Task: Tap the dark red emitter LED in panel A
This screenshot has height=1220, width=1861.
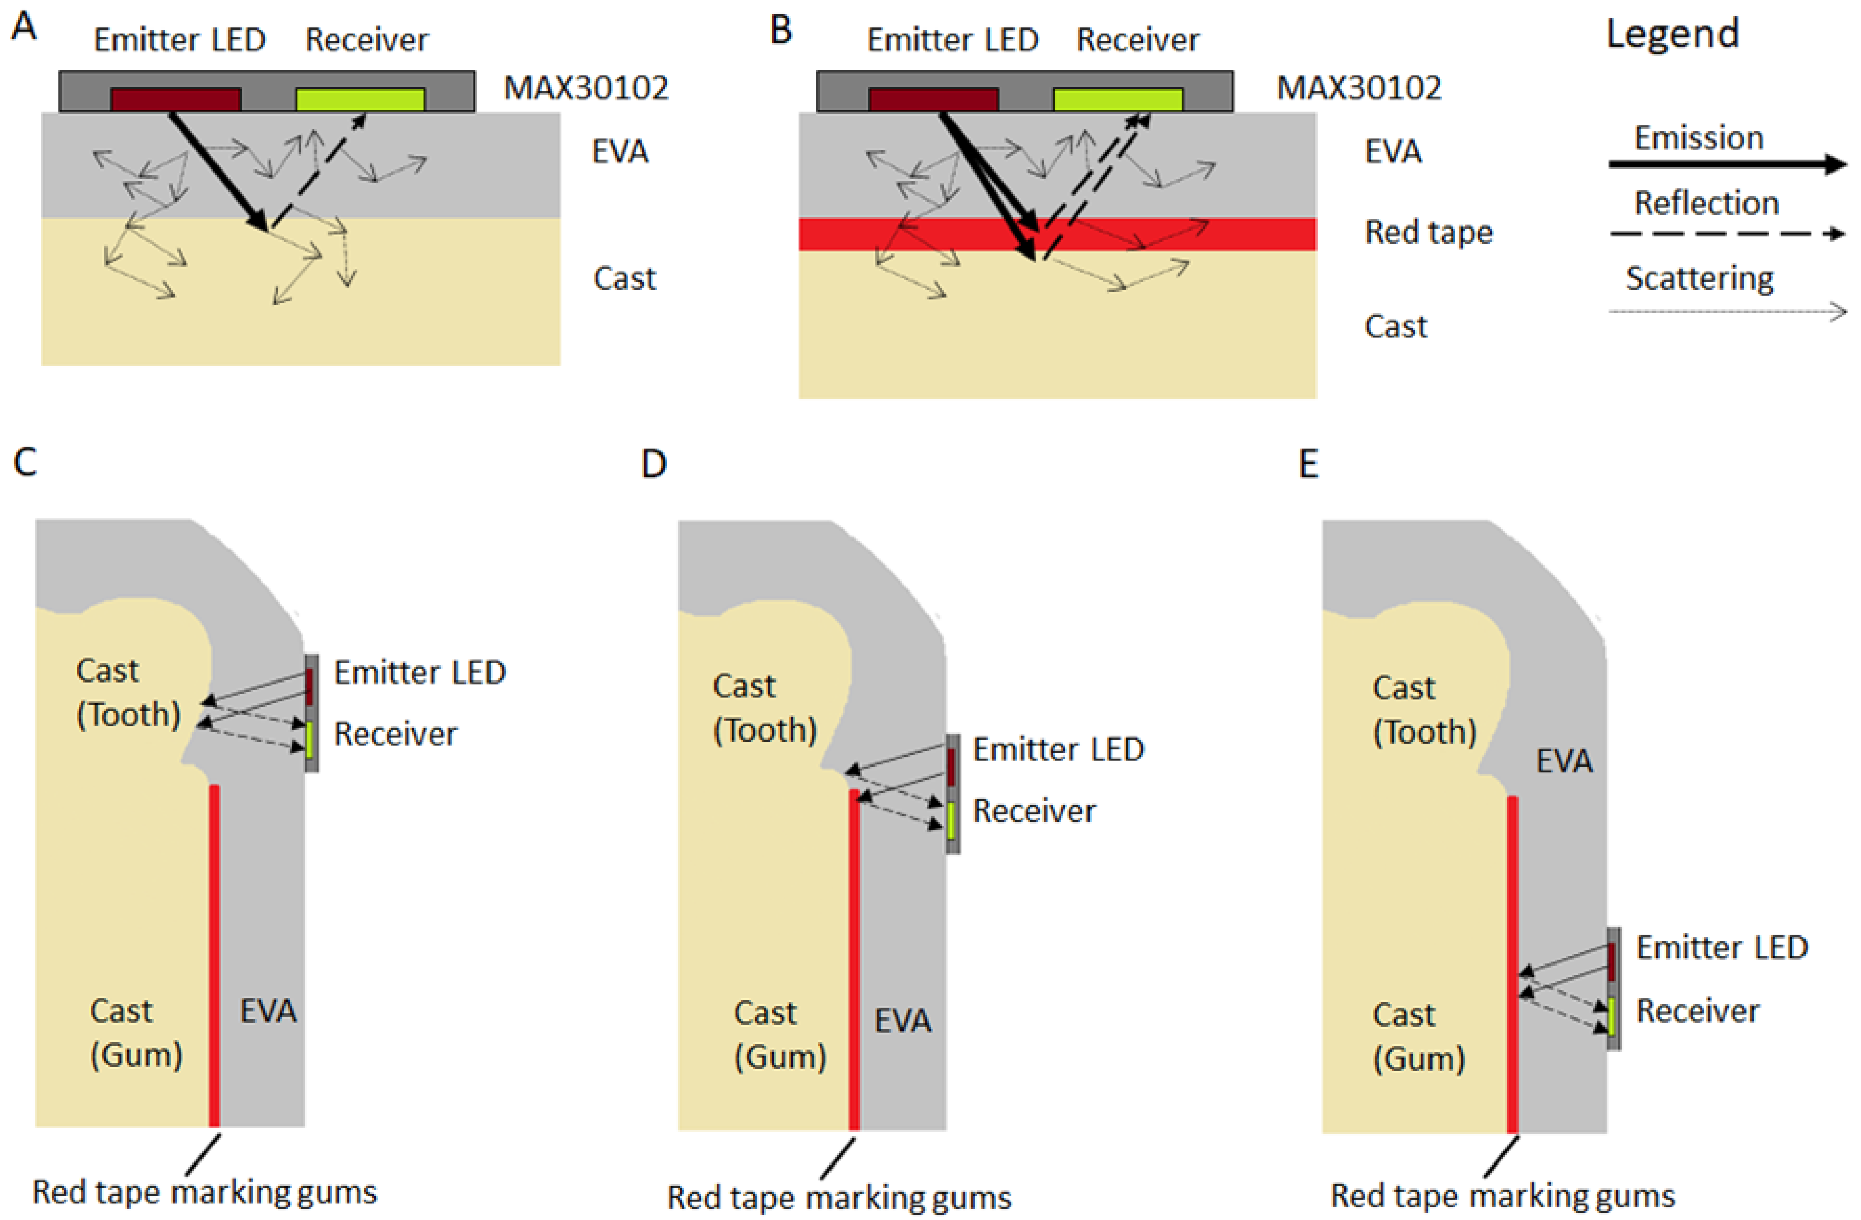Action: tap(176, 99)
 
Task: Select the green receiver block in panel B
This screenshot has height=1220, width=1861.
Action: tap(1118, 99)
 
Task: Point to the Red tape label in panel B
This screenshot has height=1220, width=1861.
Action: tap(1428, 232)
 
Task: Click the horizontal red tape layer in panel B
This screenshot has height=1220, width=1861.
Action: tap(1251, 234)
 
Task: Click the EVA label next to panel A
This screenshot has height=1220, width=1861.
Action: tap(619, 152)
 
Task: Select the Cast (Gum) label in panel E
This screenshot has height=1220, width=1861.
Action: tap(1418, 1036)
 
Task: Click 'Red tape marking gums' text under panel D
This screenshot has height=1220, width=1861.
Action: tap(838, 1197)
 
